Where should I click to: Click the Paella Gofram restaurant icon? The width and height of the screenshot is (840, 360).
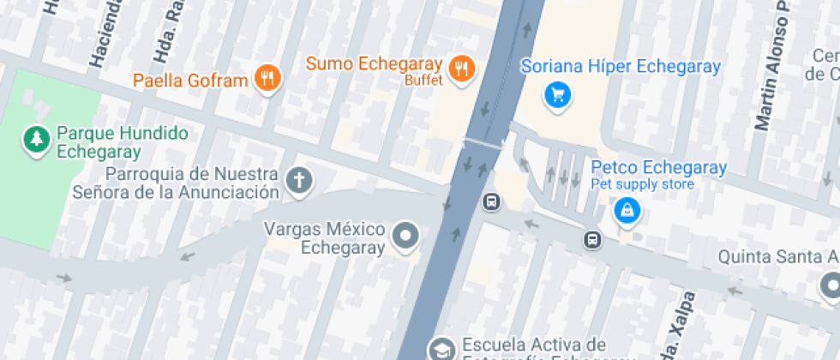pyautogui.click(x=268, y=79)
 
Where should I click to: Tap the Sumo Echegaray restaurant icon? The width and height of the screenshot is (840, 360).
pyautogui.click(x=463, y=68)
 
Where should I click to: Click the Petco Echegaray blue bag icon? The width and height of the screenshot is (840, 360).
pyautogui.click(x=627, y=209)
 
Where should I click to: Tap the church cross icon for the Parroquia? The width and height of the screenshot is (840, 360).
pyautogui.click(x=299, y=180)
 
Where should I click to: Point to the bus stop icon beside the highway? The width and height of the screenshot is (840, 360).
pyautogui.click(x=492, y=202)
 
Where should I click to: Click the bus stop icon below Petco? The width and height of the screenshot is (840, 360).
pyautogui.click(x=592, y=239)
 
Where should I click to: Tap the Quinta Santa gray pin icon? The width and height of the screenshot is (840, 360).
pyautogui.click(x=831, y=285)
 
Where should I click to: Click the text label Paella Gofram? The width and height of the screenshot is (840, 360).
pyautogui.click(x=190, y=81)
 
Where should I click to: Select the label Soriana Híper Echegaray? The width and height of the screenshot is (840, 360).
pyautogui.click(x=621, y=66)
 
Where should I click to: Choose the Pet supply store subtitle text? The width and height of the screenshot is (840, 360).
pyautogui.click(x=642, y=184)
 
